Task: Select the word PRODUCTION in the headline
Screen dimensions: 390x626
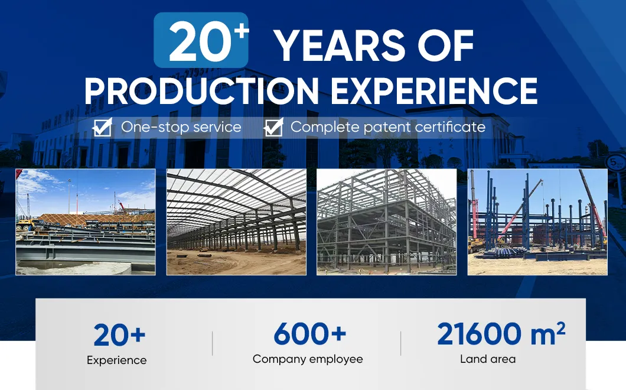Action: pyautogui.click(x=201, y=90)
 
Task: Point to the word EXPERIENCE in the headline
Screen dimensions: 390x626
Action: pyautogui.click(x=434, y=90)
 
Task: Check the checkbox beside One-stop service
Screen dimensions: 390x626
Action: pyautogui.click(x=103, y=127)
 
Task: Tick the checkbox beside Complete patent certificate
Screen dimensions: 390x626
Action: pyautogui.click(x=273, y=127)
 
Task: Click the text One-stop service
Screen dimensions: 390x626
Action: pyautogui.click(x=181, y=127)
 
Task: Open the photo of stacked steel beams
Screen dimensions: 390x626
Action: pyautogui.click(x=86, y=222)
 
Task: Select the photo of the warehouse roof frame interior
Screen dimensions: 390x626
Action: pyautogui.click(x=236, y=222)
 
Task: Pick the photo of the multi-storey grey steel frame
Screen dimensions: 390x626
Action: pyautogui.click(x=386, y=222)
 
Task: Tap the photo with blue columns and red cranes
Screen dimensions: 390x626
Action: pyautogui.click(x=537, y=222)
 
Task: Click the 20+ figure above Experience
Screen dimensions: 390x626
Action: pyautogui.click(x=119, y=336)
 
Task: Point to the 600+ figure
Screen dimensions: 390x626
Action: pyautogui.click(x=309, y=334)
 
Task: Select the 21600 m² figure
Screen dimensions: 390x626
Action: pyautogui.click(x=500, y=334)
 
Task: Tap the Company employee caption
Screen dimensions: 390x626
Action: pyautogui.click(x=308, y=359)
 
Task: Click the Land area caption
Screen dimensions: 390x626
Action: pyautogui.click(x=487, y=359)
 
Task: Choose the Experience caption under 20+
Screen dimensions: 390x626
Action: pyautogui.click(x=116, y=360)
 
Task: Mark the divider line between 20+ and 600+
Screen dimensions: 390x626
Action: pyautogui.click(x=212, y=343)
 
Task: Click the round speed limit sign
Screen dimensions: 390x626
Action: pyautogui.click(x=615, y=161)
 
